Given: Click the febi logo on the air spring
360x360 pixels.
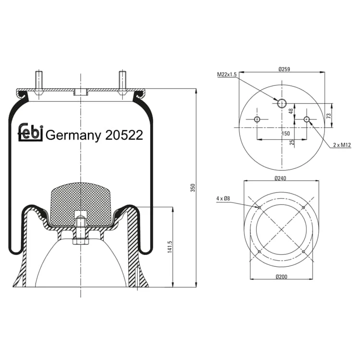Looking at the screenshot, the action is click(30, 132).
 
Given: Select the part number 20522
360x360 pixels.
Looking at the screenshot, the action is click(124, 135).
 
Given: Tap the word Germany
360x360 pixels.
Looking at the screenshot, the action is click(73, 136).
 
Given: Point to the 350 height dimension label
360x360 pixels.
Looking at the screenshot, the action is click(193, 188).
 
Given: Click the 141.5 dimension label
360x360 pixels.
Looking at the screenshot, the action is click(169, 247).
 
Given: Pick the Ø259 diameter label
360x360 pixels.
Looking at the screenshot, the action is click(284, 69).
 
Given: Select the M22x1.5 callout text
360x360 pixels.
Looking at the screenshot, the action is click(227, 74).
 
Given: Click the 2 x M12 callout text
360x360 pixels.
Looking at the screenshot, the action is click(342, 145).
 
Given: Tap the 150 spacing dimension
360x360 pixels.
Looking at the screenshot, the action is click(286, 133).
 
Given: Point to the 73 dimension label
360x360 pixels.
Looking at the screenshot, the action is click(328, 116).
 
